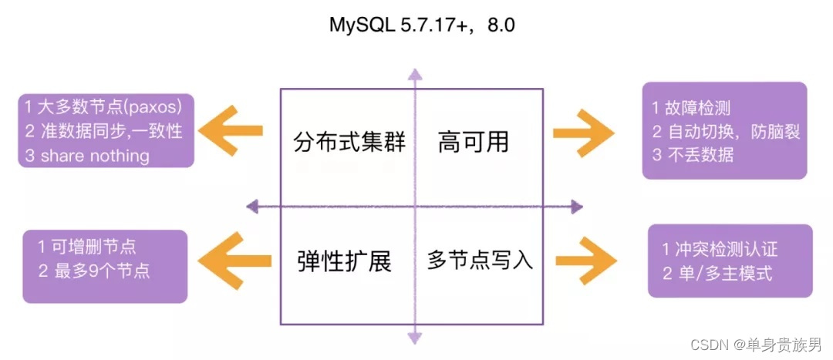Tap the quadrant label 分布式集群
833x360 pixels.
pyautogui.click(x=349, y=143)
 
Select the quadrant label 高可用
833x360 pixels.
pyautogui.click(x=473, y=143)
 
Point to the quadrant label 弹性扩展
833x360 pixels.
pyautogui.click(x=345, y=261)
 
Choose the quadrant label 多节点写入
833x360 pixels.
pyautogui.click(x=480, y=260)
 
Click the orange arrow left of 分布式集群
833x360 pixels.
pyautogui.click(x=231, y=131)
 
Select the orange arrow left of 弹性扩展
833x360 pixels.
pyautogui.click(x=231, y=257)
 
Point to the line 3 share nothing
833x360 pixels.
pyautogui.click(x=86, y=155)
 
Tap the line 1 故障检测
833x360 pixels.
pyautogui.click(x=693, y=108)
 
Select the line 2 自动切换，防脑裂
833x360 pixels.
pyautogui.click(x=726, y=131)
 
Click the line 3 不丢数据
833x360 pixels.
pyautogui.click(x=693, y=154)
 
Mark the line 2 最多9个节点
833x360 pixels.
pyautogui.click(x=94, y=271)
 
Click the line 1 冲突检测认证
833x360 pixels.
pyautogui.click(x=720, y=248)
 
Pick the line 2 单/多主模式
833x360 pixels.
pyautogui.click(x=717, y=273)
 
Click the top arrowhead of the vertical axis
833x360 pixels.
pyautogui.click(x=415, y=74)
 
